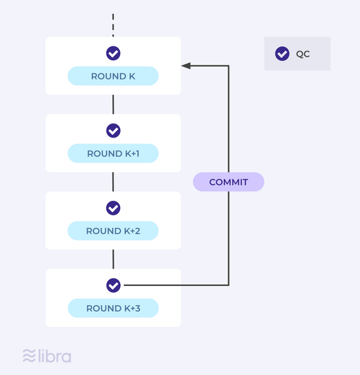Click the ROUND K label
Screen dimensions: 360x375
click(113, 76)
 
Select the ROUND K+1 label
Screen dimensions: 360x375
click(113, 154)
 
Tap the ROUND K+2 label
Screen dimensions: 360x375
click(113, 231)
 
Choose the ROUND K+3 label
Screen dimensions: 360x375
click(113, 308)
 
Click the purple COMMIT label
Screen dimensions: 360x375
click(228, 182)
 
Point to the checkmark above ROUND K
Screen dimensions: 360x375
click(113, 53)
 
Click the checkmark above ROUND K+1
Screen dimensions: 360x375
click(113, 131)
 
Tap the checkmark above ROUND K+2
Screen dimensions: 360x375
click(113, 208)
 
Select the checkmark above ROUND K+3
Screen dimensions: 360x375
click(113, 285)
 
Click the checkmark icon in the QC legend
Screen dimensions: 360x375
click(282, 54)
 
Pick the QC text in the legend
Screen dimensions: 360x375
click(303, 54)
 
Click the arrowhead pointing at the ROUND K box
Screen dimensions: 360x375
click(186, 65)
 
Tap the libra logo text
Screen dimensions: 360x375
click(55, 356)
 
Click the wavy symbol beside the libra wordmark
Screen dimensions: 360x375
click(29, 356)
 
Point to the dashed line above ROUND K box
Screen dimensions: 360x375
click(113, 25)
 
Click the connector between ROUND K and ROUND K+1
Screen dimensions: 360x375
click(113, 104)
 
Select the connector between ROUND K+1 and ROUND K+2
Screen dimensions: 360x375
click(113, 182)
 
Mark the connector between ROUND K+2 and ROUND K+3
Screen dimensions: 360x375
click(113, 260)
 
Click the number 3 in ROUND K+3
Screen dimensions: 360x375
click(138, 308)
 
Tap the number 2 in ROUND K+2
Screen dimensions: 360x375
click(138, 231)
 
